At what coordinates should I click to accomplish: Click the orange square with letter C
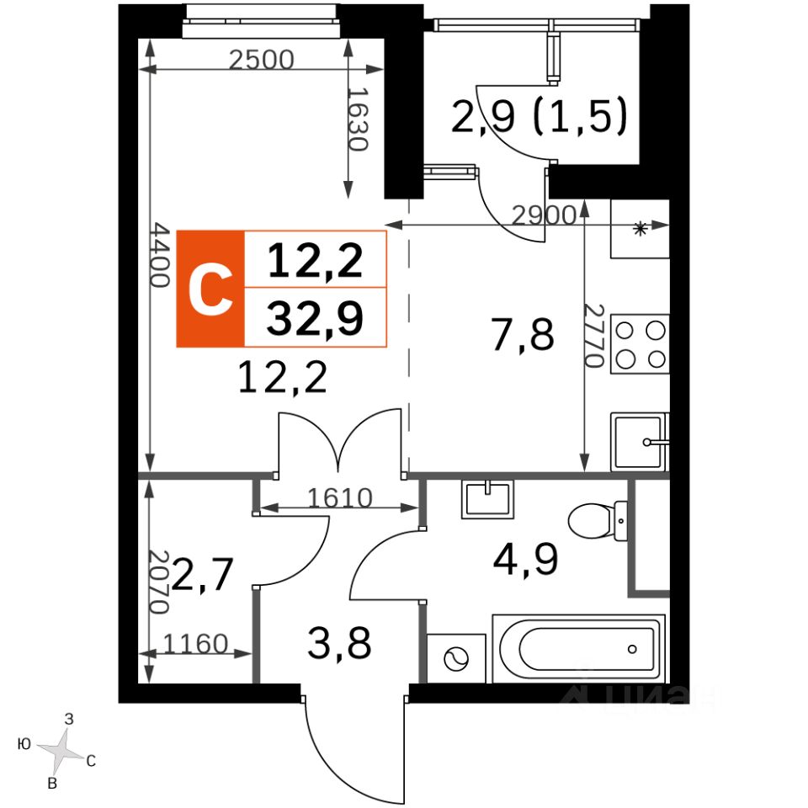click(x=210, y=289)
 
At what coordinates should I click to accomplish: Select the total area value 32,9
click(x=315, y=318)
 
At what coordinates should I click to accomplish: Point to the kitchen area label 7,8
click(x=523, y=335)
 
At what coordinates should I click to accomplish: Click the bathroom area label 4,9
click(x=525, y=560)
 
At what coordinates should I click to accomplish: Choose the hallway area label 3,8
click(x=339, y=644)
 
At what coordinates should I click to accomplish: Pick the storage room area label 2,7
click(x=203, y=573)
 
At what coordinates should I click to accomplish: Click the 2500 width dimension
click(x=261, y=60)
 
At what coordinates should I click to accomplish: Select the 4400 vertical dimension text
click(x=160, y=254)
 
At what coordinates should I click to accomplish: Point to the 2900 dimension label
click(x=544, y=215)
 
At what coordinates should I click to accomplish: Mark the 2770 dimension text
click(x=593, y=336)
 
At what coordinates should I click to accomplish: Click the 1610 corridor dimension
click(x=339, y=497)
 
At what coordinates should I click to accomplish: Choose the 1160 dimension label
click(x=195, y=644)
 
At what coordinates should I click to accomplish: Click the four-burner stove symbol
click(x=640, y=344)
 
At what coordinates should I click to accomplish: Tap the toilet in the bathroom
click(x=598, y=520)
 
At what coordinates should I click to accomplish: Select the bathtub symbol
click(x=579, y=648)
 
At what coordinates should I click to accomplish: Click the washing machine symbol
click(x=456, y=658)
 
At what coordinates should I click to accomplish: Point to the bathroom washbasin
click(x=487, y=499)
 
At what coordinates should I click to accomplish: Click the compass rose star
click(x=61, y=749)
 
